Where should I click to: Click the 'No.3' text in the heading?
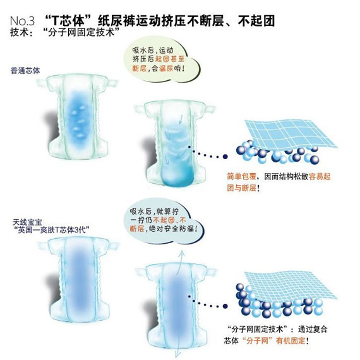22,21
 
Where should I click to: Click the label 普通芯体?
25,71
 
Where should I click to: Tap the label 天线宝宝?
28,222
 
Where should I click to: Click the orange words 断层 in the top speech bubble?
140,68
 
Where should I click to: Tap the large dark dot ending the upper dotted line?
225,157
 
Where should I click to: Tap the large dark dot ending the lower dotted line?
225,306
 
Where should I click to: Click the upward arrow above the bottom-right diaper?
180,263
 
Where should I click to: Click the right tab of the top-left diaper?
112,83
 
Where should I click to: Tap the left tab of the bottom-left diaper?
43,246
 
